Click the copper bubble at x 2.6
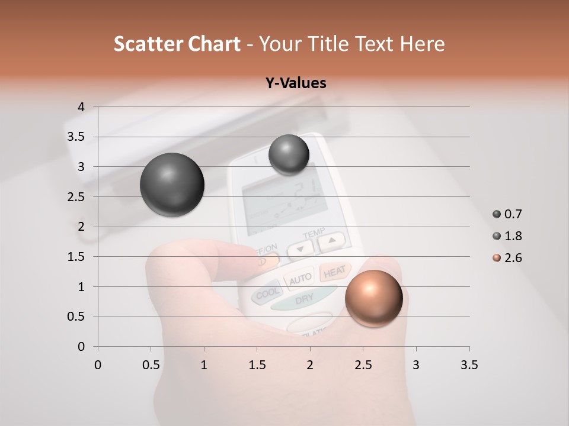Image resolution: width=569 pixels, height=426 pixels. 373,298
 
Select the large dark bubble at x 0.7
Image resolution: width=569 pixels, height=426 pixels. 172,185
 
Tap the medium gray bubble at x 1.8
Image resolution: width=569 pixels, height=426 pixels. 289,154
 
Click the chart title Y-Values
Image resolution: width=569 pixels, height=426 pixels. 296,83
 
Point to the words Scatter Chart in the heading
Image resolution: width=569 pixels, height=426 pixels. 177,44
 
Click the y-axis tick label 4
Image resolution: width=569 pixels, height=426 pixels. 82,107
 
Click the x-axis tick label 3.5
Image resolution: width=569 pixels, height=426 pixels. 469,365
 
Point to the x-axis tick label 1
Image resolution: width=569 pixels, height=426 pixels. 204,365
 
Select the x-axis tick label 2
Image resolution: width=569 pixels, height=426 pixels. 310,365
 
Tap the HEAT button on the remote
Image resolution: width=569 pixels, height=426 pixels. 335,271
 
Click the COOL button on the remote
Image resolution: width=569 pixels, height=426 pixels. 267,293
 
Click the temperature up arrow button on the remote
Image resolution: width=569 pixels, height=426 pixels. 331,241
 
